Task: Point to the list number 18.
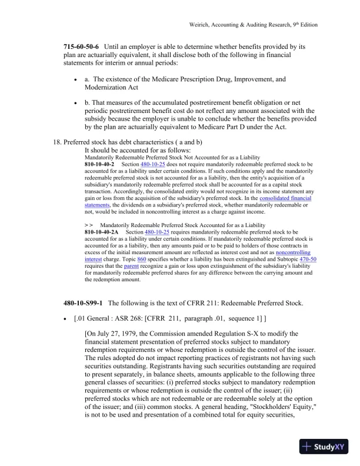pyautogui.click(x=57, y=142)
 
